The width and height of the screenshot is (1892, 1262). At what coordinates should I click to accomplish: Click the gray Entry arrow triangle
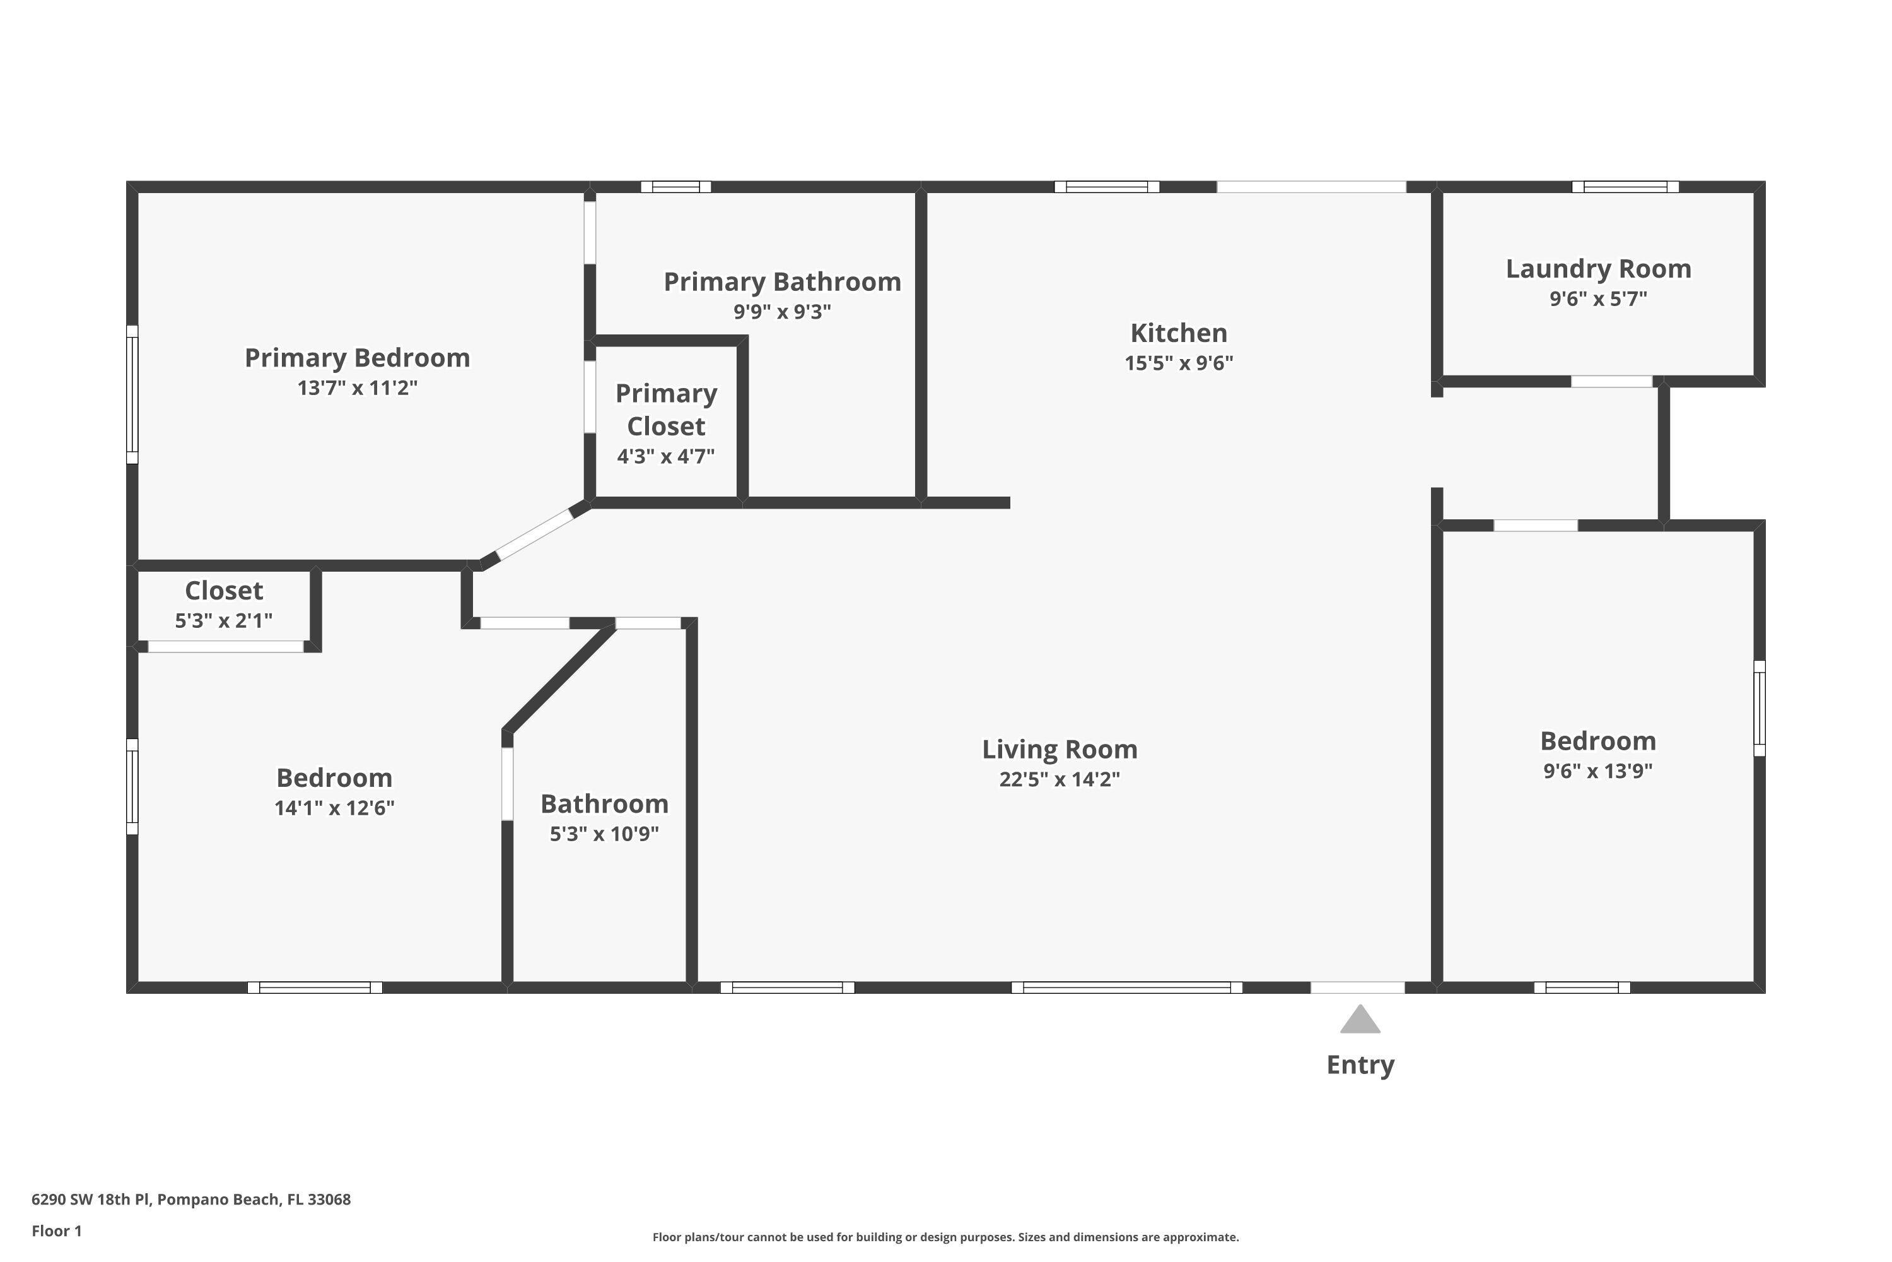pos(1360,1020)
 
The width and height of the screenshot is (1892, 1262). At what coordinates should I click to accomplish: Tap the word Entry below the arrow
pos(1360,1065)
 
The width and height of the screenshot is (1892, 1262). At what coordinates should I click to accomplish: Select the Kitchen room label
pos(1179,333)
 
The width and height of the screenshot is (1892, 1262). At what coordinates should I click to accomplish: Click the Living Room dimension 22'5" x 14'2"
pos(1060,779)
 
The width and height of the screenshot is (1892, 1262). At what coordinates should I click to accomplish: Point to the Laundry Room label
pos(1597,269)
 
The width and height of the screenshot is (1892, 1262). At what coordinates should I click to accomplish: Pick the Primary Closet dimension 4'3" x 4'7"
pos(665,456)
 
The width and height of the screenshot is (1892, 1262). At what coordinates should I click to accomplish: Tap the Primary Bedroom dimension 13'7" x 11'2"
pos(357,388)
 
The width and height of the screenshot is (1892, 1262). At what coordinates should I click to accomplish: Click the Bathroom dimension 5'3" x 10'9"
pos(604,834)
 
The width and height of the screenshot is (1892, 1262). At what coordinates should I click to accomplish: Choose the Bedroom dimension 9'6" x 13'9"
pos(1597,771)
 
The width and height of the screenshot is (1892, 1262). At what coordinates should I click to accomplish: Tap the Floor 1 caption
pos(56,1230)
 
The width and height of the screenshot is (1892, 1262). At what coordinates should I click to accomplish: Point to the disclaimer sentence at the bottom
pos(945,1237)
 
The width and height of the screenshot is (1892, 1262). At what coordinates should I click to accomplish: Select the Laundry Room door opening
pos(1611,382)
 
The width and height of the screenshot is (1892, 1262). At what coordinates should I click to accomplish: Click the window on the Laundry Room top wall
pos(1625,187)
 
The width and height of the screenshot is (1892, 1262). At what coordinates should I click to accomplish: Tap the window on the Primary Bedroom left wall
pos(132,394)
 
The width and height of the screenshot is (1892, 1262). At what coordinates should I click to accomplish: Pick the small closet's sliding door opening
pos(225,646)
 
